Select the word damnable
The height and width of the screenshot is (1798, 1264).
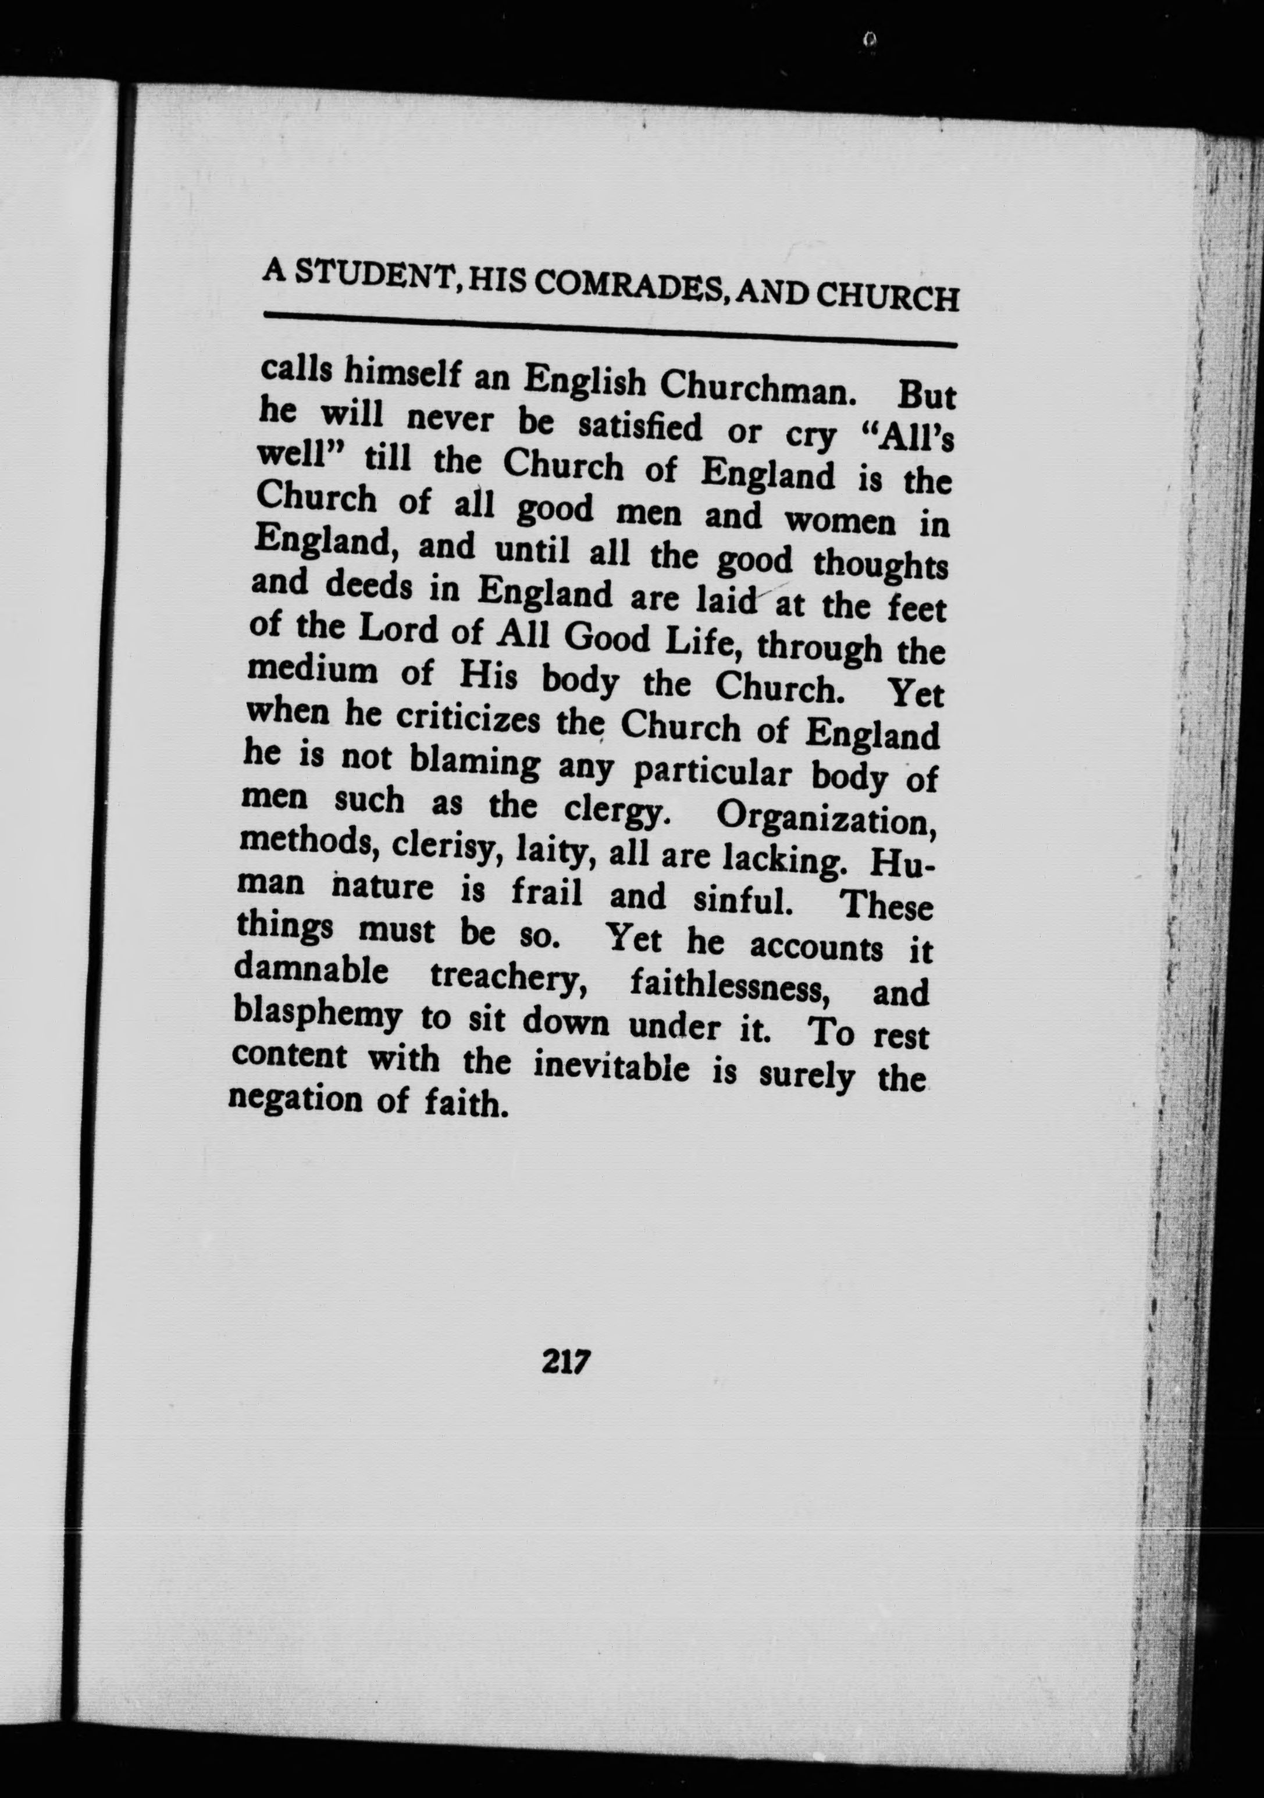coord(311,973)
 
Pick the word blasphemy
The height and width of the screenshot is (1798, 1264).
coord(317,1016)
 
